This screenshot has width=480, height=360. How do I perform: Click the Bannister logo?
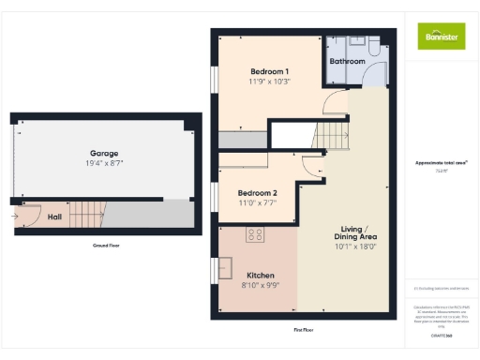pyautogui.click(x=441, y=36)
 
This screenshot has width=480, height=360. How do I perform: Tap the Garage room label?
pyautogui.click(x=103, y=153)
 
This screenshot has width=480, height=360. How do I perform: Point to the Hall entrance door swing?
pyautogui.click(x=24, y=217)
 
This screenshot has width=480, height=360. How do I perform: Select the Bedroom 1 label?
pyautogui.click(x=269, y=72)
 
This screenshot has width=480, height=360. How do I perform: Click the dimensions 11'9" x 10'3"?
pyautogui.click(x=269, y=82)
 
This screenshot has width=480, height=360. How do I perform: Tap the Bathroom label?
pyautogui.click(x=347, y=61)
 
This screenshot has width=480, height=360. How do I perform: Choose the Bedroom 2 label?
pyautogui.click(x=256, y=192)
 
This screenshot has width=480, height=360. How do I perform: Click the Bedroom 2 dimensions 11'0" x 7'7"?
pyautogui.click(x=256, y=202)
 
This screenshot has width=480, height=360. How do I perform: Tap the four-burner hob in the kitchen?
pyautogui.click(x=254, y=234)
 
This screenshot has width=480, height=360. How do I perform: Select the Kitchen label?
pyautogui.click(x=260, y=276)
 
